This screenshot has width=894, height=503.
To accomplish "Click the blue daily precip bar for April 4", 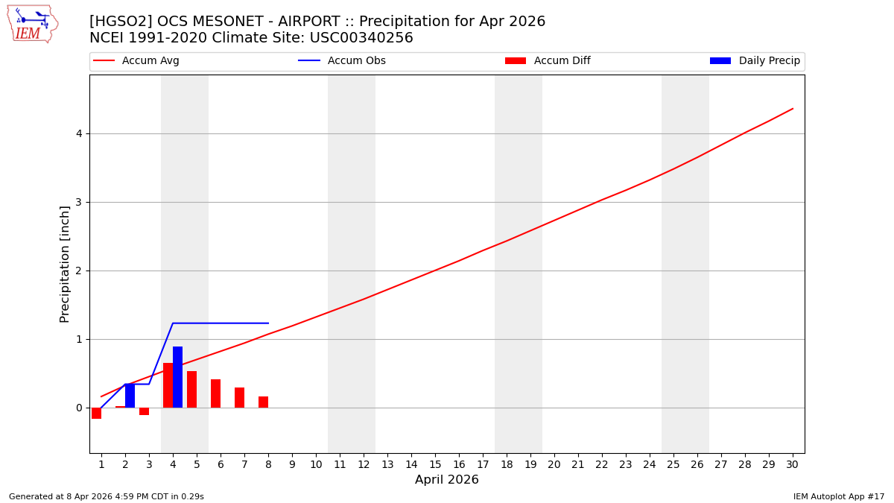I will point(177,377).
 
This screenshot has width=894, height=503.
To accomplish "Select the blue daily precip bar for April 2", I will point(130,396).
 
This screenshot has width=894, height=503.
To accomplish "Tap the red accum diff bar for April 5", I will point(191,389).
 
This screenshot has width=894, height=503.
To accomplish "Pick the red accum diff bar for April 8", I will point(263,402).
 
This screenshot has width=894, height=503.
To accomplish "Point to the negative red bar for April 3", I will point(144,411).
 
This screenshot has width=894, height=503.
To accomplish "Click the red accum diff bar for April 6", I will point(215,393).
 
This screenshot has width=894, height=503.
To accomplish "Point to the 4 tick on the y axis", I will point(77,134).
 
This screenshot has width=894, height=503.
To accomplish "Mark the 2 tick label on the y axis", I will point(77,271).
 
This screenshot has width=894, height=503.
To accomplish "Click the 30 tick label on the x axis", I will point(792,464).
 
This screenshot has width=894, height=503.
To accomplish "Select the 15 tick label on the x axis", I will point(435,464).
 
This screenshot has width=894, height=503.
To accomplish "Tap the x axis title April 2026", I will point(447,480).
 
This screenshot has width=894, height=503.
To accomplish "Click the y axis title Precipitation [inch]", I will point(65,264).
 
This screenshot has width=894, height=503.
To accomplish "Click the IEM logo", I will point(32,24).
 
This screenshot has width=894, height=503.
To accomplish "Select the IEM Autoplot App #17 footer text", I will point(838,496).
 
